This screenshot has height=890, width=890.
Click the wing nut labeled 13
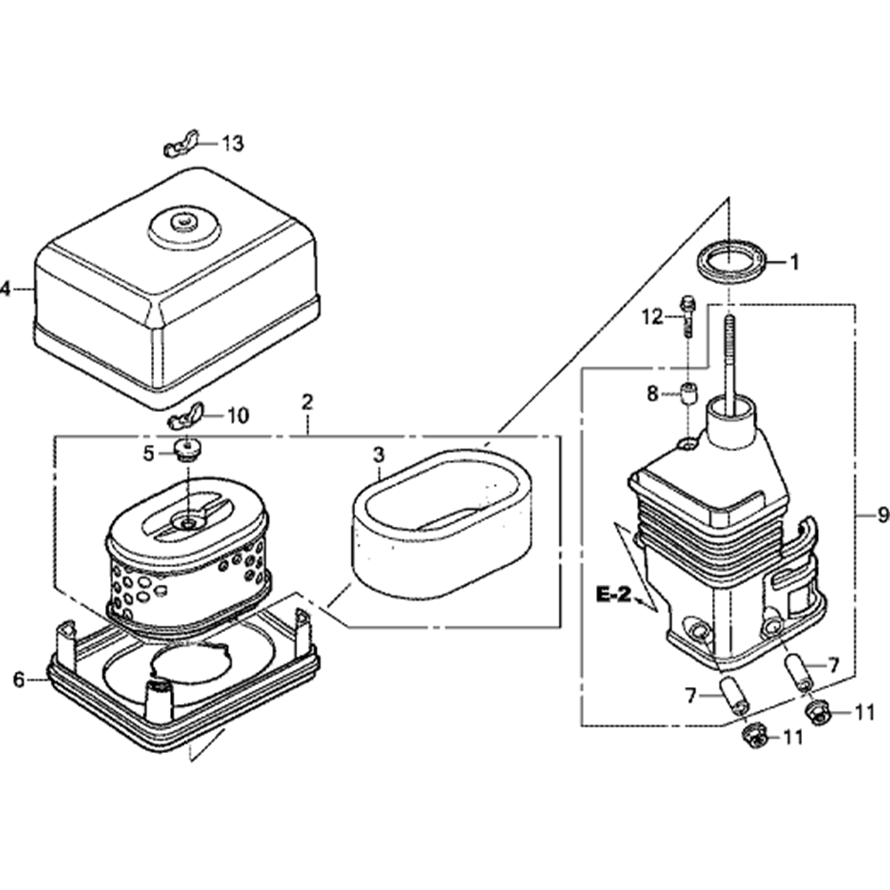(181, 146)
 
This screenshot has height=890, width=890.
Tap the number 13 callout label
(232, 143)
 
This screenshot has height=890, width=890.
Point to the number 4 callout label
(5, 288)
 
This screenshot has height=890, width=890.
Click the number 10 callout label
(239, 415)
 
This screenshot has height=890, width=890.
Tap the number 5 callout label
(150, 453)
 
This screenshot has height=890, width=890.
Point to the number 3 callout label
(378, 455)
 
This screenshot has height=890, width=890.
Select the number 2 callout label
(307, 401)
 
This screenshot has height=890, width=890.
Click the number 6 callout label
(19, 681)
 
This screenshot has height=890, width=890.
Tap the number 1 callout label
(795, 262)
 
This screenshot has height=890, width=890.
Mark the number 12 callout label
(654, 316)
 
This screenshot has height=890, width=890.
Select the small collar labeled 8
(688, 392)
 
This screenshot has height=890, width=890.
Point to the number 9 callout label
(882, 514)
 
